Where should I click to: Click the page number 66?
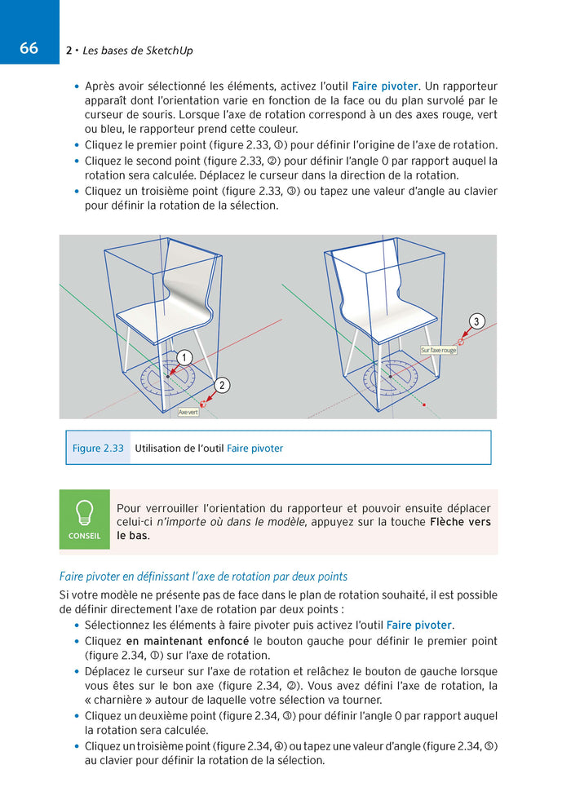click(x=29, y=48)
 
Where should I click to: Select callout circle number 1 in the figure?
click(x=184, y=357)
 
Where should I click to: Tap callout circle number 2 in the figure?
click(x=220, y=384)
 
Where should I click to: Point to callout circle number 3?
click(x=477, y=321)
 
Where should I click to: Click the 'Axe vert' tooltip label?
click(x=188, y=412)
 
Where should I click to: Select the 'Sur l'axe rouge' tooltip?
click(x=438, y=350)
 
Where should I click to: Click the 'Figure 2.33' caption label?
click(x=98, y=448)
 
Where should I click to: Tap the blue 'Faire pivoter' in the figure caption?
click(x=255, y=448)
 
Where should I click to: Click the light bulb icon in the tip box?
click(x=84, y=513)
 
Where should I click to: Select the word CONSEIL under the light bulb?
click(x=84, y=536)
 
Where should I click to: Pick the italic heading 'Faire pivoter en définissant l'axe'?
click(x=203, y=577)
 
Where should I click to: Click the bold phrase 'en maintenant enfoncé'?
click(x=187, y=640)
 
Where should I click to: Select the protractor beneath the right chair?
click(x=390, y=376)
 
